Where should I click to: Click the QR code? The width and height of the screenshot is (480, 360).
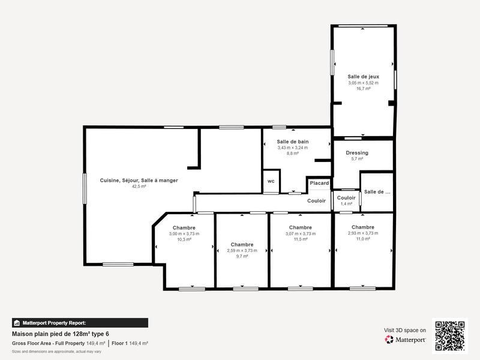(450, 335)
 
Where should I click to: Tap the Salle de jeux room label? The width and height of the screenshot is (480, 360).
(363, 77)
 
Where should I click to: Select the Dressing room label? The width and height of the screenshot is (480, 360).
(357, 153)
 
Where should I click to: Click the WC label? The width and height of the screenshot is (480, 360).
(271, 181)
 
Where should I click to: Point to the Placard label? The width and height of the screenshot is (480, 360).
(319, 183)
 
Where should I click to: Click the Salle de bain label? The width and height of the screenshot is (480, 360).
(293, 142)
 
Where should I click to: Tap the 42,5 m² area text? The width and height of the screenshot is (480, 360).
(139, 187)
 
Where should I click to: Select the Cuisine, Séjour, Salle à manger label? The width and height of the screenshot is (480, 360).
(139, 180)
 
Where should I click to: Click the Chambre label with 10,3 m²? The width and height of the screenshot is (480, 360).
(184, 227)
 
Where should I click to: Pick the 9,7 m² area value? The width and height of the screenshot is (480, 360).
(242, 256)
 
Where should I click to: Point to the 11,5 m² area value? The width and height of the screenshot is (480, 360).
(300, 239)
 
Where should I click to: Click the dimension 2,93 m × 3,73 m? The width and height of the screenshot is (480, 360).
(363, 233)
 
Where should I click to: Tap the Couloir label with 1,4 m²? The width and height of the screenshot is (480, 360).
(346, 198)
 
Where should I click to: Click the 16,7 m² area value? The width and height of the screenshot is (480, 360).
(363, 89)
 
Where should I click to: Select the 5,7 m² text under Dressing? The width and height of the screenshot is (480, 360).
(357, 159)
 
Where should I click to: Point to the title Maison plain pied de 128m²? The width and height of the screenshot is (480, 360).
(61, 334)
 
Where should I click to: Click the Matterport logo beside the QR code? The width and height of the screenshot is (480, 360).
(406, 340)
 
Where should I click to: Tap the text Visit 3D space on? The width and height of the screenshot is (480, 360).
(405, 330)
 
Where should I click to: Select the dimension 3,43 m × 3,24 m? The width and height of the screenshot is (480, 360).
(293, 148)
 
